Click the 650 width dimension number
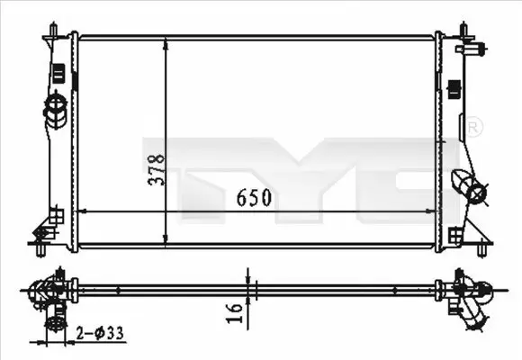(x=256, y=195)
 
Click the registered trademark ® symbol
(x=474, y=128)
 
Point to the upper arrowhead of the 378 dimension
(x=164, y=42)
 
